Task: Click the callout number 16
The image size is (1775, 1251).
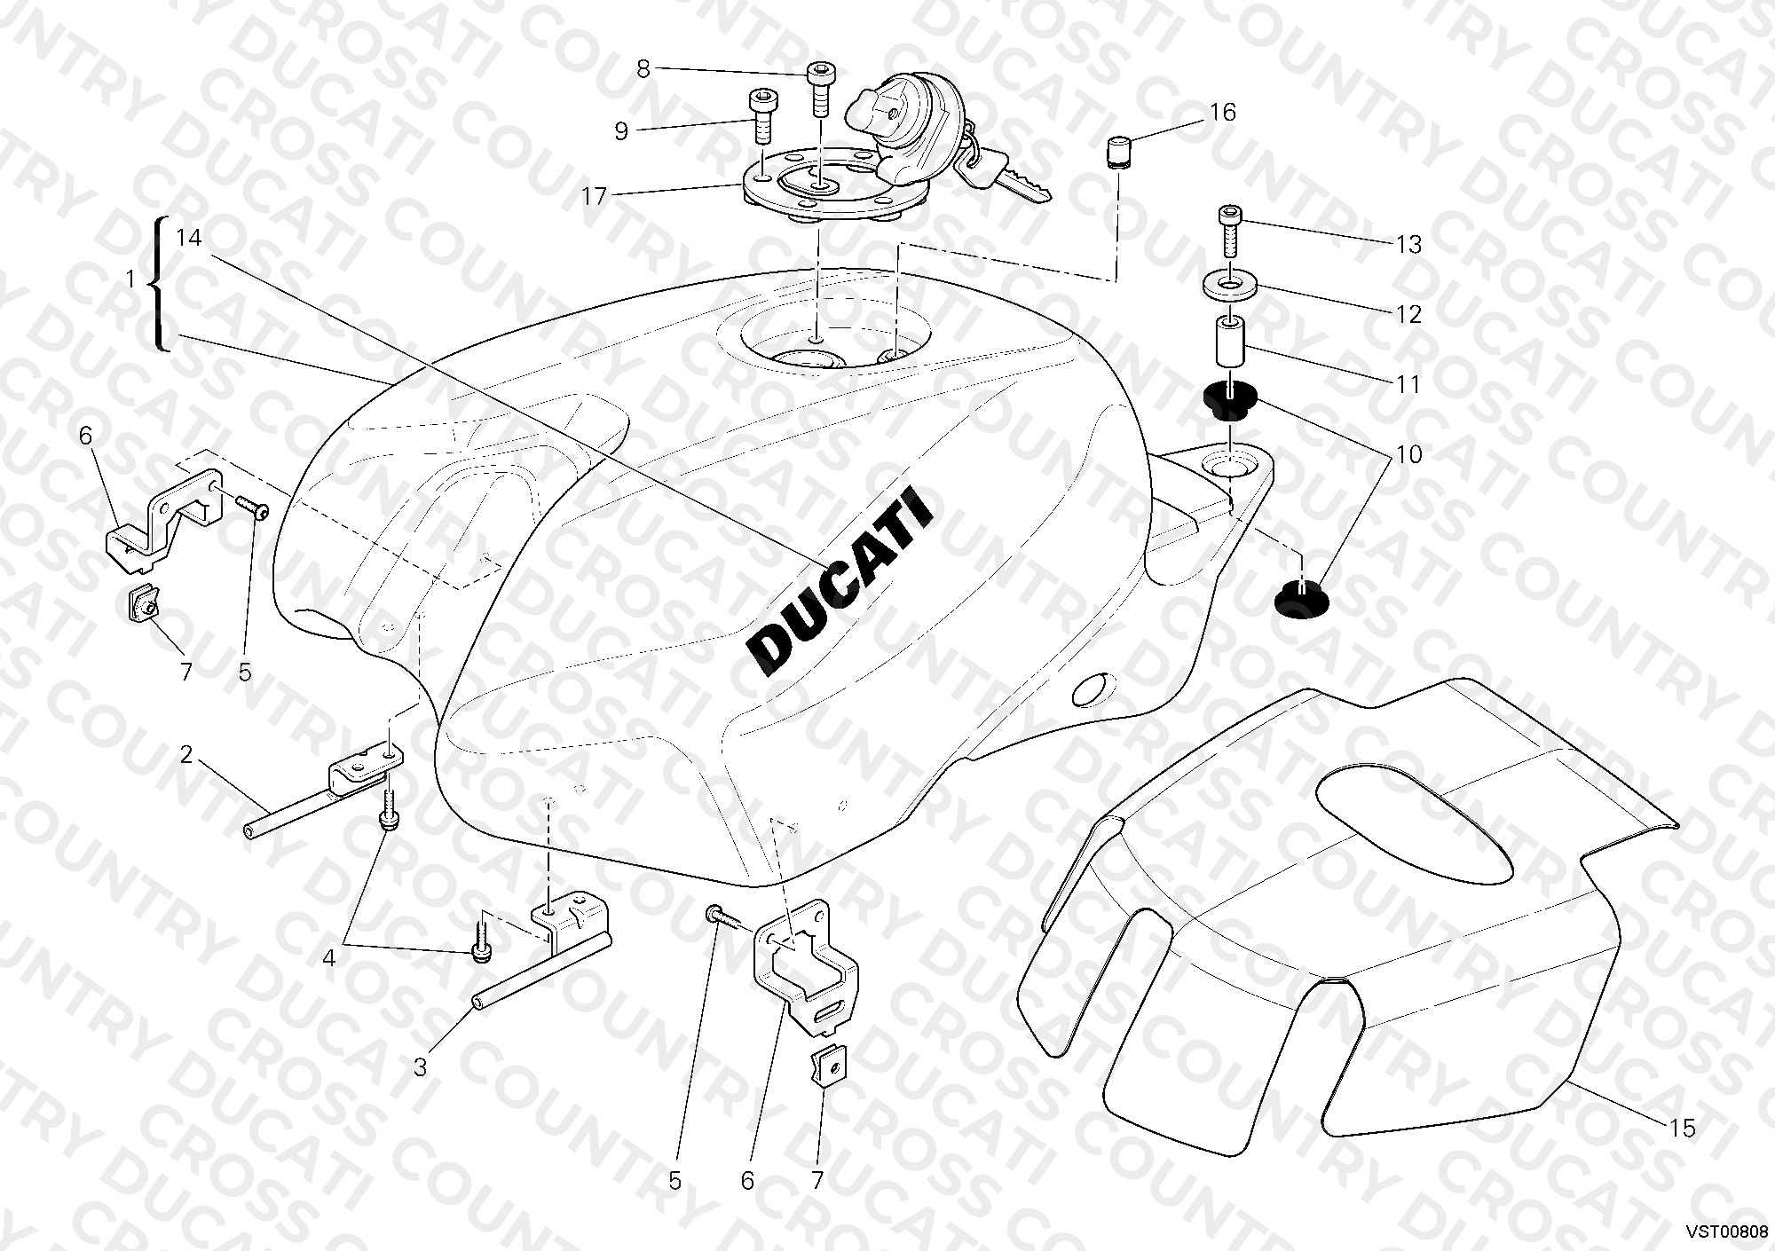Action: [x=1222, y=113]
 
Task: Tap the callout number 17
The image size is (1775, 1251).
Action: [x=594, y=195]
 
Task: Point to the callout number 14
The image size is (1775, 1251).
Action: [x=189, y=238]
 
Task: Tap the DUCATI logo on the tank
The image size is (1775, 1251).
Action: [x=840, y=586]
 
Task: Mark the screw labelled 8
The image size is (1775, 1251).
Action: [x=820, y=90]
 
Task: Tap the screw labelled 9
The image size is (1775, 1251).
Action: [x=761, y=117]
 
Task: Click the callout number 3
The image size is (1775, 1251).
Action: [x=420, y=1066]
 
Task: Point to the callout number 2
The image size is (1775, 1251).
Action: [x=185, y=755]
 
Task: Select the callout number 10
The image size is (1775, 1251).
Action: [x=1408, y=455]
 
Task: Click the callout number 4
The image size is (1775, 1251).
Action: [x=328, y=959]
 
